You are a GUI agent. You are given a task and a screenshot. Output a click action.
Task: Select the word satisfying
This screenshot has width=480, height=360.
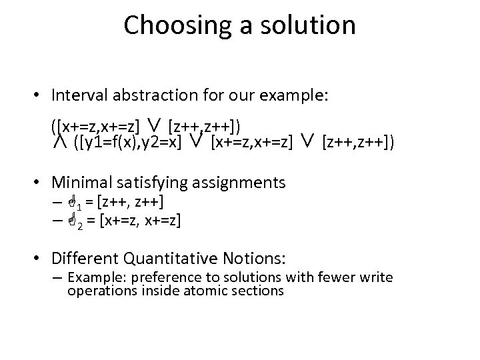[161, 181]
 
